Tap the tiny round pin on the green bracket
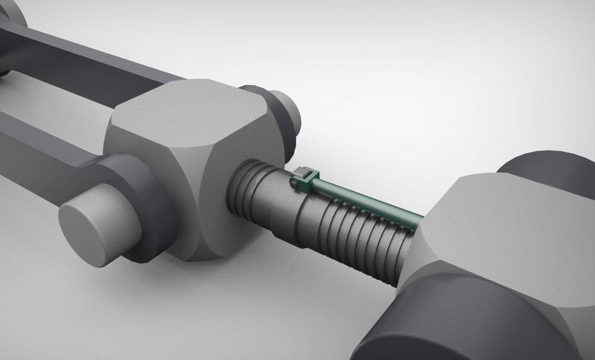pos(293,183)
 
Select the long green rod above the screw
pos(366,198)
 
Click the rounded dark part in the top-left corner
pos(9,15)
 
